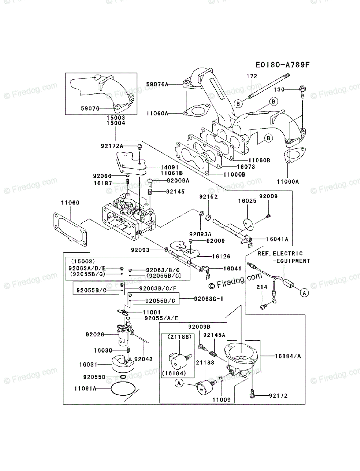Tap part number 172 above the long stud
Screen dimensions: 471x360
[252, 76]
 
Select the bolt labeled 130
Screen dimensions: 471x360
[303, 91]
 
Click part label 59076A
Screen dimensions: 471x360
[157, 84]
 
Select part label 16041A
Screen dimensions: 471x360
[277, 239]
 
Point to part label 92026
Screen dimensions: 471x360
[95, 334]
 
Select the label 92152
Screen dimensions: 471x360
[208, 196]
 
